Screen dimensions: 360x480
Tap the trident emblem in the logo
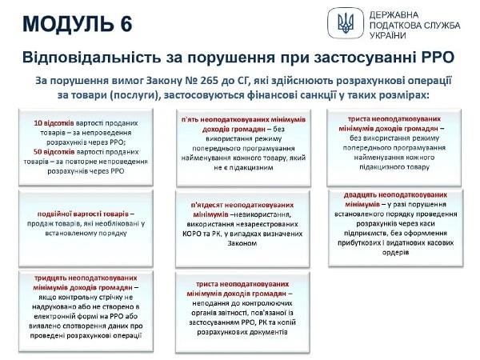pyautogui.click(x=346, y=22)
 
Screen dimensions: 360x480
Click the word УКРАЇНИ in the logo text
pyautogui.click(x=389, y=37)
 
